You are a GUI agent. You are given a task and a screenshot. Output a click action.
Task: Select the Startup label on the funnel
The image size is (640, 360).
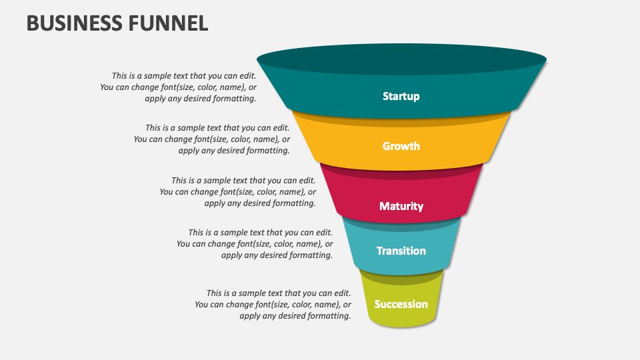pyautogui.click(x=401, y=96)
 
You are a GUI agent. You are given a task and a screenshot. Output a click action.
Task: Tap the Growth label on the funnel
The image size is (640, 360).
pyautogui.click(x=401, y=146)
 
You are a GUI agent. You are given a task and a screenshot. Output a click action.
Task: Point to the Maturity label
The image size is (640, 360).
pyautogui.click(x=401, y=206)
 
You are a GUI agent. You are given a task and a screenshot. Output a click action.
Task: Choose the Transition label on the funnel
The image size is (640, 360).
pyautogui.click(x=401, y=251)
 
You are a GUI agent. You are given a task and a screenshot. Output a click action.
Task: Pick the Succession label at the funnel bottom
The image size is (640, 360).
pyautogui.click(x=401, y=304)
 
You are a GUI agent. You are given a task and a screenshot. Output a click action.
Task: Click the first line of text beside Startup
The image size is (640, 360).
pyautogui.click(x=184, y=76)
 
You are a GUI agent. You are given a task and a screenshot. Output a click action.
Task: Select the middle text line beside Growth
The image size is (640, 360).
pyautogui.click(x=212, y=139)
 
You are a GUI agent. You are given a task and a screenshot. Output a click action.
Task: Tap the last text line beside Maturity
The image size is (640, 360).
pyautogui.click(x=260, y=203)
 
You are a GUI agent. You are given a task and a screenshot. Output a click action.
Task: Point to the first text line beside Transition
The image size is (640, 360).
pyautogui.click(x=260, y=233)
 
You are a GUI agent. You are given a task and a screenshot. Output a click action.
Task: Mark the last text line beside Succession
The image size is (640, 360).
pyautogui.click(x=295, y=316)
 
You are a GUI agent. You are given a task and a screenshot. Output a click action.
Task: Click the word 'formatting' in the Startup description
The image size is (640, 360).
pyautogui.click(x=233, y=98)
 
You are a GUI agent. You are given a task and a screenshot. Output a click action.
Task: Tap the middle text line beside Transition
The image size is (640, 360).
pyautogui.click(x=255, y=244)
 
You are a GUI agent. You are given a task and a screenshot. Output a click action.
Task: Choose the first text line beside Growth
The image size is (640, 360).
pyautogui.click(x=217, y=128)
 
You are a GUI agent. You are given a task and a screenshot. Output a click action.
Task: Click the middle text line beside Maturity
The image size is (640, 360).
pyautogui.click(x=238, y=191)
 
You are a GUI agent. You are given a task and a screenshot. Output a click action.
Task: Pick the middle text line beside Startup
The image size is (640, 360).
pyautogui.click(x=179, y=87)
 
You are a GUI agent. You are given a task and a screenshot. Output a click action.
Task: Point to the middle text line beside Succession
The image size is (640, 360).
pyautogui.click(x=273, y=305)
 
